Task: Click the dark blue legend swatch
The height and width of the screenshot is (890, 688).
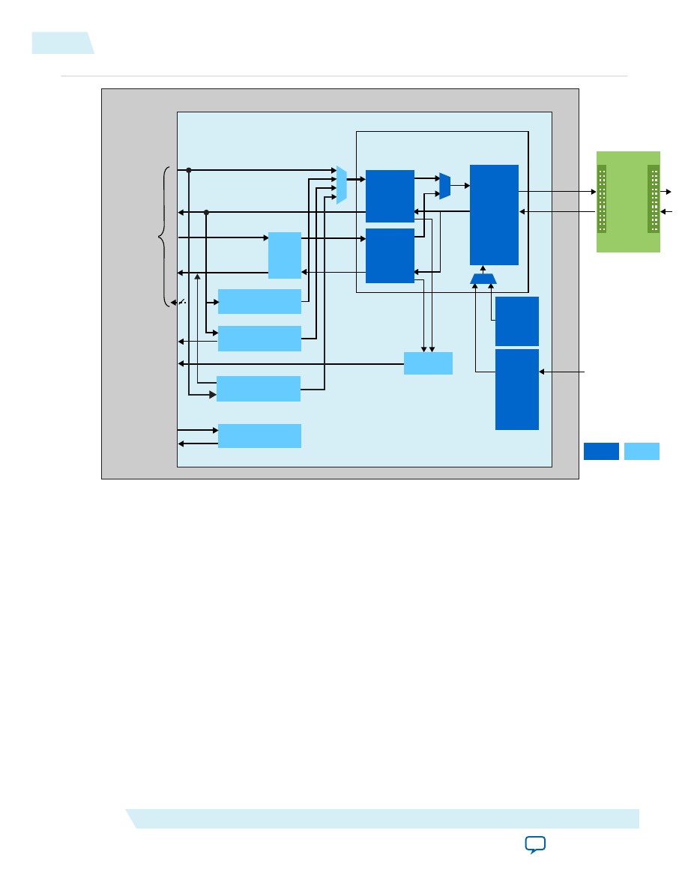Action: point(601,451)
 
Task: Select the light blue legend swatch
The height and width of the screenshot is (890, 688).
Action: point(642,451)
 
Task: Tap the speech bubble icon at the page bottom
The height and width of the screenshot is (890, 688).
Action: point(534,846)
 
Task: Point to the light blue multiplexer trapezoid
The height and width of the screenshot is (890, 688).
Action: point(342,185)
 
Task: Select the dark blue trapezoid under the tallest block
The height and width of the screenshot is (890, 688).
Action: point(483,279)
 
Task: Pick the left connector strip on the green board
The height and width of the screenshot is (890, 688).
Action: point(602,199)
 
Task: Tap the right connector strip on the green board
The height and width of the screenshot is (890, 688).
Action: point(654,199)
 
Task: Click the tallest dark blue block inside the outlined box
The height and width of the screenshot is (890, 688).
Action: point(494,214)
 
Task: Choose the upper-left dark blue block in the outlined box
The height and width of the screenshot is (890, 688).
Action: point(390,196)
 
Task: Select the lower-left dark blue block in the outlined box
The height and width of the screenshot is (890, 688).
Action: point(390,255)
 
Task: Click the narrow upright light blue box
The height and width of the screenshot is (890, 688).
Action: point(285,255)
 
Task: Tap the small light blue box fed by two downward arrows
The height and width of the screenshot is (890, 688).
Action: point(428,363)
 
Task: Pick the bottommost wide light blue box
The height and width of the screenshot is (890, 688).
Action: point(259,436)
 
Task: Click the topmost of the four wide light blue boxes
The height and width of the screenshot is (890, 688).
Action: point(259,301)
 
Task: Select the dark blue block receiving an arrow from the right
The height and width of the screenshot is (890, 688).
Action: point(517,389)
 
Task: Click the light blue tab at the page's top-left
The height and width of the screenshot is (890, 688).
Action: point(62,43)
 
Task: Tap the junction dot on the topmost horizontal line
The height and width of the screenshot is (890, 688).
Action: point(189,170)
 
